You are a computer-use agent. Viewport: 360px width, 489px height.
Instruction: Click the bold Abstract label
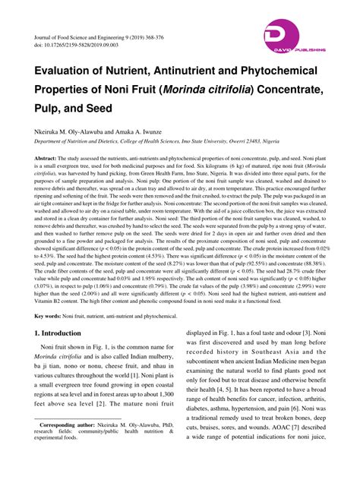[46, 157]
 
